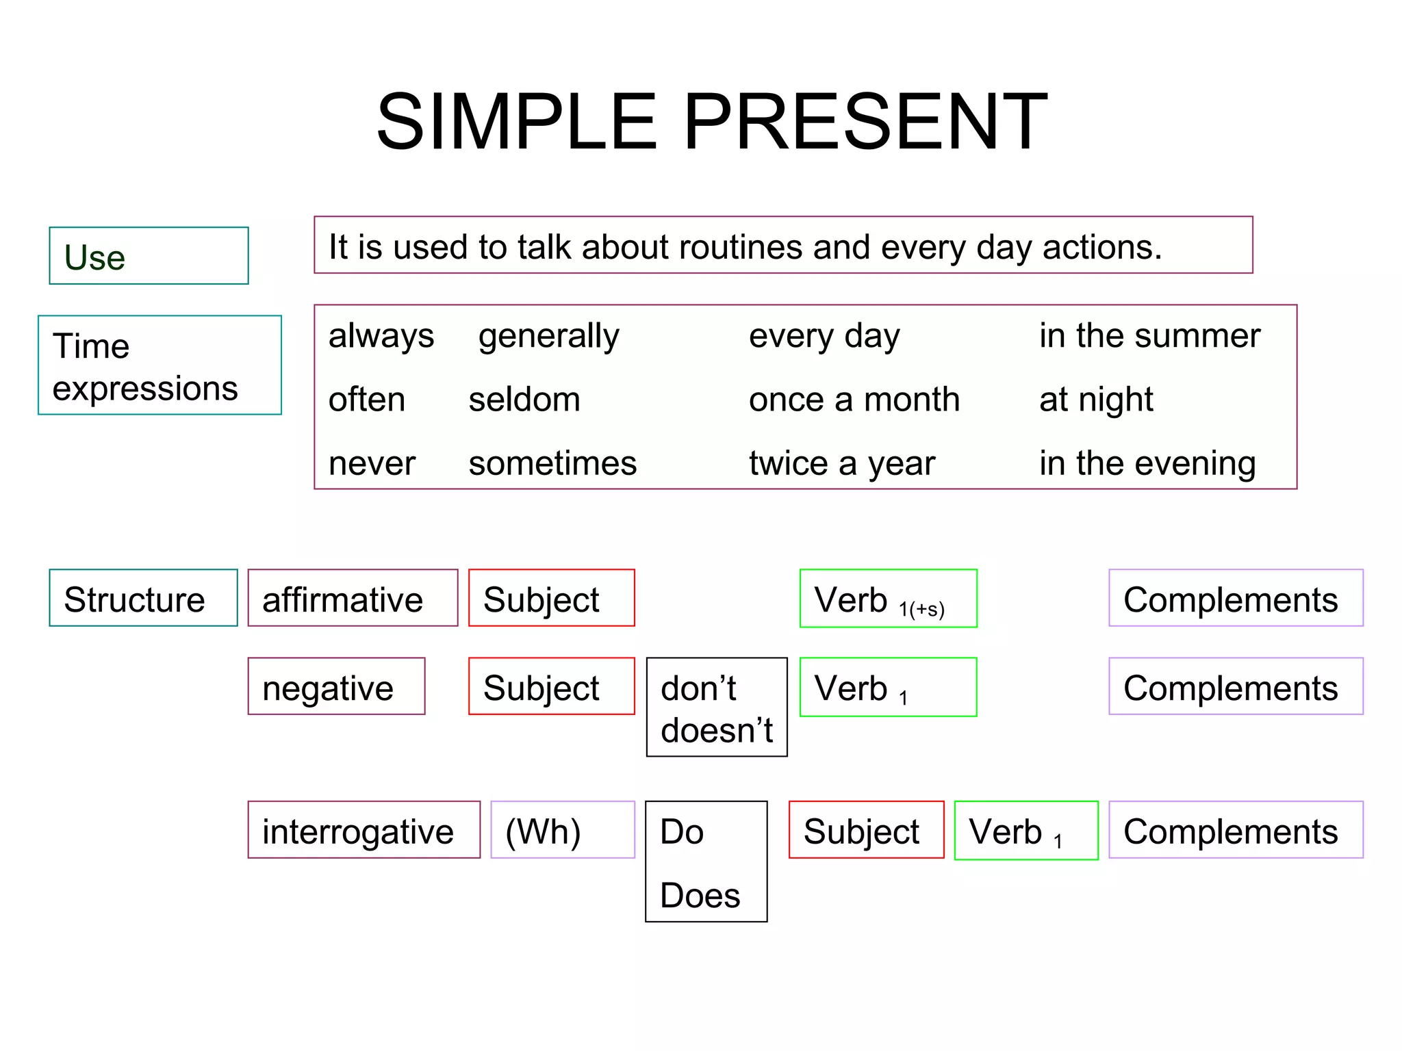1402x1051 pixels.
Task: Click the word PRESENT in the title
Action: click(x=865, y=122)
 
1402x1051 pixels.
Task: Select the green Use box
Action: click(x=149, y=256)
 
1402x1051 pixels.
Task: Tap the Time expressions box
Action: click(x=160, y=365)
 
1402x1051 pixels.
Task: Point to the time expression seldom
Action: click(x=524, y=400)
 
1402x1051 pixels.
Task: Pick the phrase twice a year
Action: click(x=841, y=463)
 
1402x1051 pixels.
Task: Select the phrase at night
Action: click(x=1095, y=400)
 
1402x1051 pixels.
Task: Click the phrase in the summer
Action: click(x=1149, y=336)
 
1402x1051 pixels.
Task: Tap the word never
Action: click(x=372, y=463)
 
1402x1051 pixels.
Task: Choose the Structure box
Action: click(x=143, y=598)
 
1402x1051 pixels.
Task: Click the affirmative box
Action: click(x=353, y=598)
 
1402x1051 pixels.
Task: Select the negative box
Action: click(x=336, y=686)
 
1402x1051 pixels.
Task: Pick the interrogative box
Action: click(x=364, y=830)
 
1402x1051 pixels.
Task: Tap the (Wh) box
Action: click(x=563, y=830)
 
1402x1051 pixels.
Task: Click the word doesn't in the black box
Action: click(x=716, y=731)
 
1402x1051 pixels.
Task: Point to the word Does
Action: click(x=700, y=896)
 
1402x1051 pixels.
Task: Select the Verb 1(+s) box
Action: click(x=888, y=599)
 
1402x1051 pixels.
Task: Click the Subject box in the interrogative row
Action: click(x=866, y=830)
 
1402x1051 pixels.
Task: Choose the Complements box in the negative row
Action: click(x=1236, y=686)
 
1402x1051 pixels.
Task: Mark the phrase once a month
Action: click(x=854, y=400)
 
